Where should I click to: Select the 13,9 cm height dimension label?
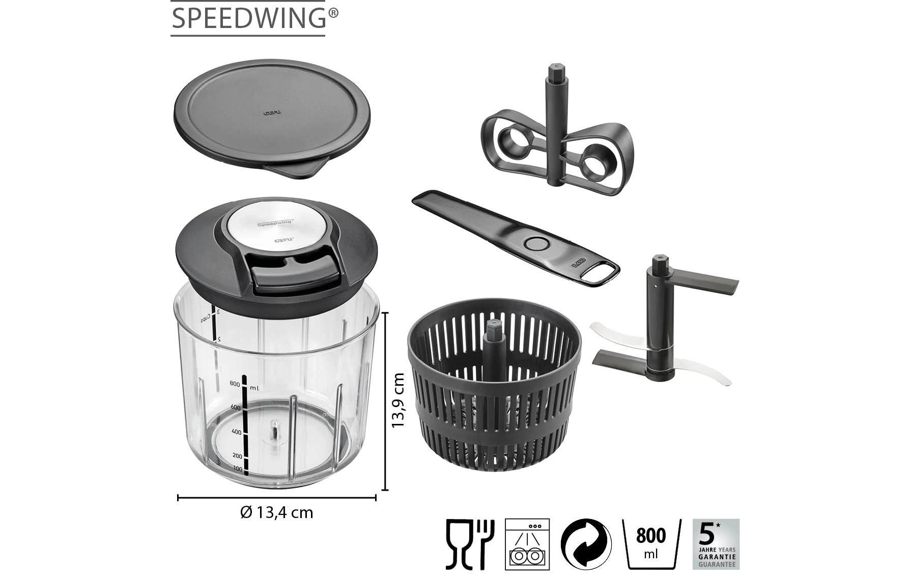[x=398, y=400]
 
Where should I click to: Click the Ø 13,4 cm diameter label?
[x=276, y=512]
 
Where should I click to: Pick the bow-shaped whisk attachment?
[x=557, y=148]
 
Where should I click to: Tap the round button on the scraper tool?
[x=534, y=243]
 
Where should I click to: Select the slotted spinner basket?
[x=494, y=387]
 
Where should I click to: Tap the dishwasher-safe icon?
[x=527, y=544]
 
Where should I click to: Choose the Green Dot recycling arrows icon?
[x=586, y=544]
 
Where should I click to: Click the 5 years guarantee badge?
[x=716, y=544]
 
